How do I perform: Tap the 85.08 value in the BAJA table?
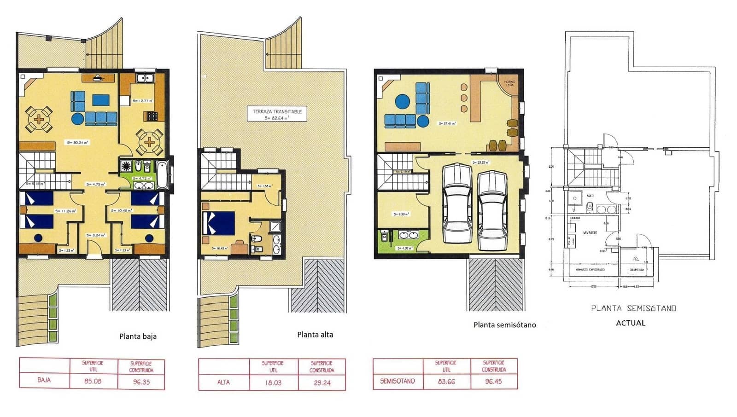pos(94,381)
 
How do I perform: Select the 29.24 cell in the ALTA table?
pos(322,382)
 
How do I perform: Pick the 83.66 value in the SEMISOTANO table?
pos(446,381)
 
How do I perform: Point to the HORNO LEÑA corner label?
pos(509,83)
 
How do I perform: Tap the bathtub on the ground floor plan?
pos(162,174)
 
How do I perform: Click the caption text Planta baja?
pos(138,336)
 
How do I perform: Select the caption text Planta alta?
pos(315,335)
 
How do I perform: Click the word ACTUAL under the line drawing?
pos(631,323)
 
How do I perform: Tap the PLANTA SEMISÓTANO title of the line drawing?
pos(633,308)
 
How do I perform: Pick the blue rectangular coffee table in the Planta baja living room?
pos(101,100)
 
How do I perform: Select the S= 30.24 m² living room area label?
pos(78,143)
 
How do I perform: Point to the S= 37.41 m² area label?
pos(447,123)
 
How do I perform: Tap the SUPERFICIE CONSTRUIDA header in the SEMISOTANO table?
pos(494,366)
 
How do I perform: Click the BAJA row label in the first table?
pos(44,380)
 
